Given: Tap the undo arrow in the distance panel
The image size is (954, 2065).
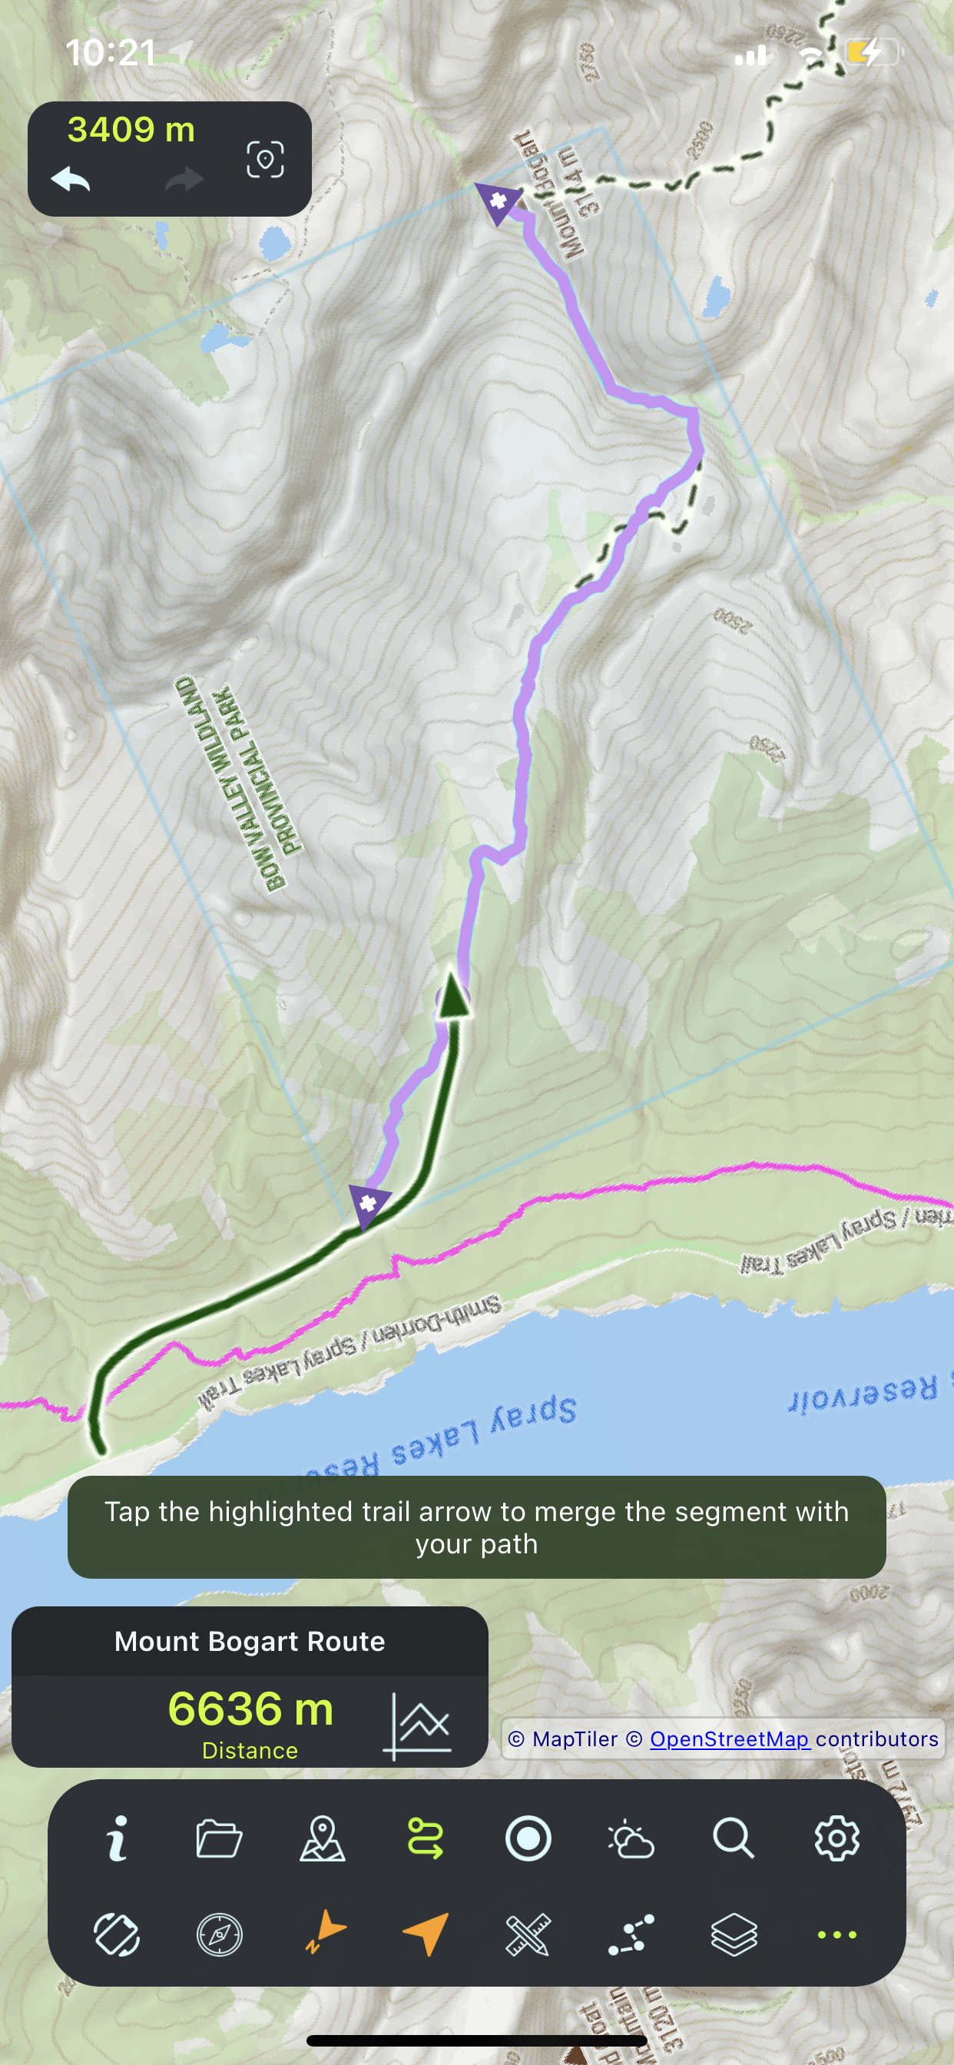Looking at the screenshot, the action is click(x=71, y=179).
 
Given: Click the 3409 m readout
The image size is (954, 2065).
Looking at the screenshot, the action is click(x=131, y=130).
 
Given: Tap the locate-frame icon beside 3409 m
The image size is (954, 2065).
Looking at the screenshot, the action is click(x=265, y=160).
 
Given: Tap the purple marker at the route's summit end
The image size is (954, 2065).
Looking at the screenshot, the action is click(x=497, y=201).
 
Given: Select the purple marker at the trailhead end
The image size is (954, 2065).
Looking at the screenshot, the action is click(x=369, y=1203).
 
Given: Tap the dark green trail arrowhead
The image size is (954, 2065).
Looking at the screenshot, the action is click(x=455, y=996).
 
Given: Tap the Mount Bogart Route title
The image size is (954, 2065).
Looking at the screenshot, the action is click(x=250, y=1641).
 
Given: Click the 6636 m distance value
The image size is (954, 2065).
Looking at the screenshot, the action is click(x=250, y=1709).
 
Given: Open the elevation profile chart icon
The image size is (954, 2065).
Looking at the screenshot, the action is click(x=419, y=1725).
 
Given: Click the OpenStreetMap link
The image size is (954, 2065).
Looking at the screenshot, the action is click(x=729, y=1739).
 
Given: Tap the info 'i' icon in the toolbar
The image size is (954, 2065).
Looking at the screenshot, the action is click(x=118, y=1838).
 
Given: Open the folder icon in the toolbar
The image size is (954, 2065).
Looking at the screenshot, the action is click(x=219, y=1838).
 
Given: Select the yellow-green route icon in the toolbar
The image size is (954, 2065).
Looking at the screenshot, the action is click(x=425, y=1838).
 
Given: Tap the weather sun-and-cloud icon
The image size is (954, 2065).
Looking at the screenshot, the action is click(x=631, y=1838).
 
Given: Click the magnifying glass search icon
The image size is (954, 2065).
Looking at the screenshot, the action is click(x=734, y=1838).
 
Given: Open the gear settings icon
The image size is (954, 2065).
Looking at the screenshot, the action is click(x=837, y=1838).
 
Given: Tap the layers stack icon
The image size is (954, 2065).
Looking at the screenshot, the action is click(x=734, y=1934).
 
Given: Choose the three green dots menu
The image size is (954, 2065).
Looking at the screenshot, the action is click(x=837, y=1934).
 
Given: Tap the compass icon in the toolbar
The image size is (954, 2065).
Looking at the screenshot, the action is click(x=219, y=1934).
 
